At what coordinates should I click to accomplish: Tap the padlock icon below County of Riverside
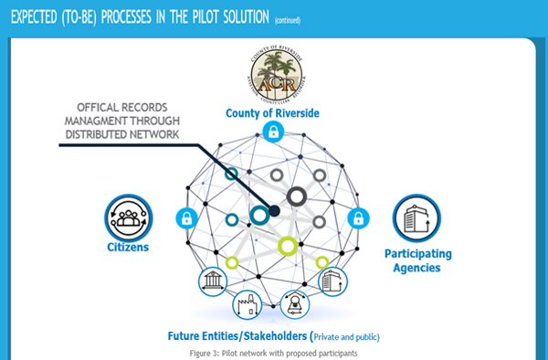pos(271,133)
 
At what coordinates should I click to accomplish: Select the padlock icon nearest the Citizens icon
pos(186,217)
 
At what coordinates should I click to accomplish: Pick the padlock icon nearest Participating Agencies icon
pos(359,218)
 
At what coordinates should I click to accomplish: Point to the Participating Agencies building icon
pos(416,217)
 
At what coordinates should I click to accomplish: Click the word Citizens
pos(126,248)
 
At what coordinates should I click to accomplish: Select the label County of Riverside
pos(271,113)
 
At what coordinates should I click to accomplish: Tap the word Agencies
pos(416,268)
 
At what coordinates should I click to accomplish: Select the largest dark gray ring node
pos(296,196)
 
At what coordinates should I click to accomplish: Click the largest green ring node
pos(288,245)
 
